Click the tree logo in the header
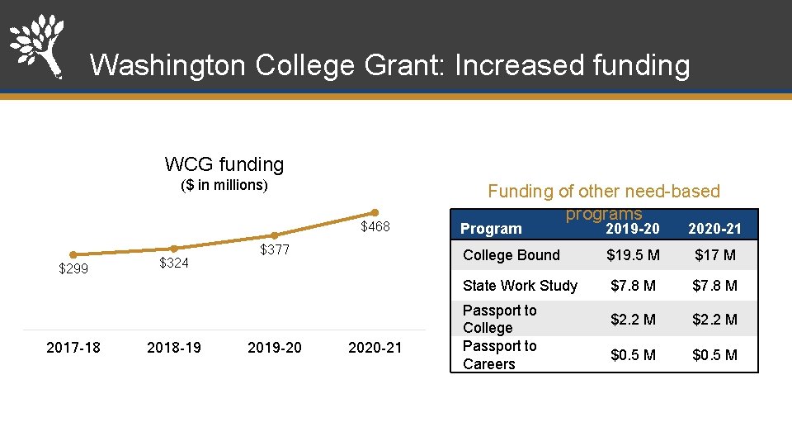pyautogui.click(x=36, y=45)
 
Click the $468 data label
pyautogui.click(x=375, y=227)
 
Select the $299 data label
pyautogui.click(x=73, y=269)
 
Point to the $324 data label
pyautogui.click(x=174, y=263)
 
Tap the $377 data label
pyautogui.click(x=275, y=250)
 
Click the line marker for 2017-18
pyautogui.click(x=73, y=254)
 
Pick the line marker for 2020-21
pyautogui.click(x=375, y=212)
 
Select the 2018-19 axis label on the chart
pyautogui.click(x=174, y=348)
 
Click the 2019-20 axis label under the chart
pyautogui.click(x=275, y=348)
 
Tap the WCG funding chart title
pyautogui.click(x=224, y=164)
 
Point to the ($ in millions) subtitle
pyautogui.click(x=224, y=185)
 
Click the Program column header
pyautogui.click(x=491, y=229)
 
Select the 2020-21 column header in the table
pyautogui.click(x=714, y=229)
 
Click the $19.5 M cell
pyautogui.click(x=633, y=255)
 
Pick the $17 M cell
pyautogui.click(x=714, y=255)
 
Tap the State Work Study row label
pyautogui.click(x=520, y=286)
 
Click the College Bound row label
pyautogui.click(x=511, y=255)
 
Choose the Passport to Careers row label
pyautogui.click(x=499, y=355)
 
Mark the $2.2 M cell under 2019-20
pyautogui.click(x=633, y=319)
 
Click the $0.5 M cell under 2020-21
pyautogui.click(x=714, y=355)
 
